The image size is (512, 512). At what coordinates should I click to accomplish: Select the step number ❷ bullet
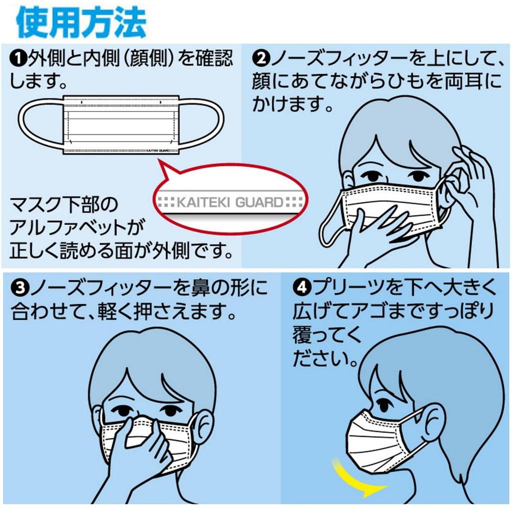[x=260, y=59]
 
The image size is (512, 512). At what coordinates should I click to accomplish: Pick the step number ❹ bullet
[x=300, y=288]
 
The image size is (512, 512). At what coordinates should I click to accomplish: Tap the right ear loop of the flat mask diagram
[x=200, y=123]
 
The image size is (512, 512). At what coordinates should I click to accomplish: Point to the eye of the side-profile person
[x=383, y=403]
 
